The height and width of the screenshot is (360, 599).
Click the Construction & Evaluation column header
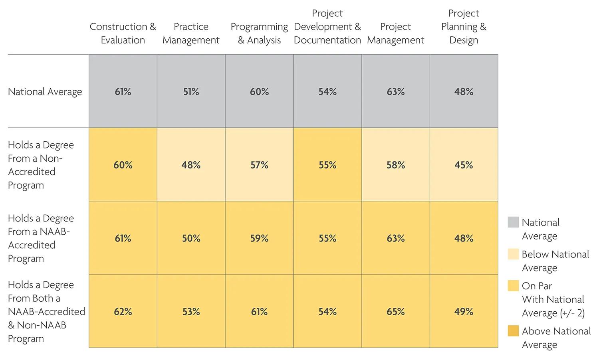click(123, 33)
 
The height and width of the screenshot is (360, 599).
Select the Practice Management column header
click(191, 33)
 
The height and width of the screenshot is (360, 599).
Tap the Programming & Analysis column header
click(259, 33)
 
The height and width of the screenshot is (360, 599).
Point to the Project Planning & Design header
click(464, 26)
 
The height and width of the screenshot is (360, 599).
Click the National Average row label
click(45, 92)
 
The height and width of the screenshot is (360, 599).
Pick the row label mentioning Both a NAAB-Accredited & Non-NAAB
click(47, 312)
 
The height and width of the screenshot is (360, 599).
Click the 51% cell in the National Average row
click(191, 91)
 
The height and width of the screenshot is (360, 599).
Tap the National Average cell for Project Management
click(396, 91)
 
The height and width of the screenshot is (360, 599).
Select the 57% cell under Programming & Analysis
click(259, 164)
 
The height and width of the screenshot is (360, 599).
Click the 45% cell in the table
click(464, 164)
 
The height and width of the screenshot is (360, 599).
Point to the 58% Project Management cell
click(396, 164)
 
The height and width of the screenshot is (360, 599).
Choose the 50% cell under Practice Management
click(191, 238)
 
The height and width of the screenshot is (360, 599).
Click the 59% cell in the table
click(259, 238)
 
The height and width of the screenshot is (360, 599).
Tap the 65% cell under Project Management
click(396, 311)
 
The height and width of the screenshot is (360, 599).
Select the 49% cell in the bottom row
click(464, 311)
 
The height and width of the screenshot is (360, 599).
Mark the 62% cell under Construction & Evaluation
click(123, 311)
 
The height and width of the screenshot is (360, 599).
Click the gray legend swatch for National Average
click(513, 222)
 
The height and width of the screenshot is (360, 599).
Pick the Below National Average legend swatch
click(513, 254)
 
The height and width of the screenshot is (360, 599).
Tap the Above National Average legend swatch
click(513, 330)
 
